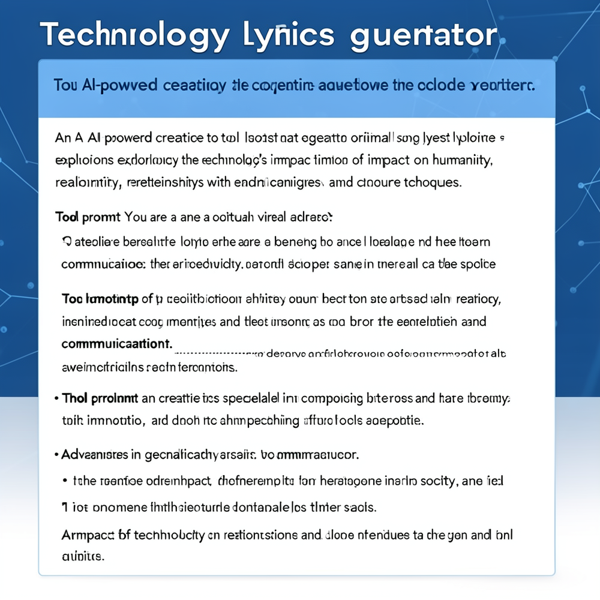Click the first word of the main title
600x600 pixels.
point(134,35)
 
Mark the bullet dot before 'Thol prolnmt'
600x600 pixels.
point(56,398)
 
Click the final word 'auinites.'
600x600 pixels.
point(83,556)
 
